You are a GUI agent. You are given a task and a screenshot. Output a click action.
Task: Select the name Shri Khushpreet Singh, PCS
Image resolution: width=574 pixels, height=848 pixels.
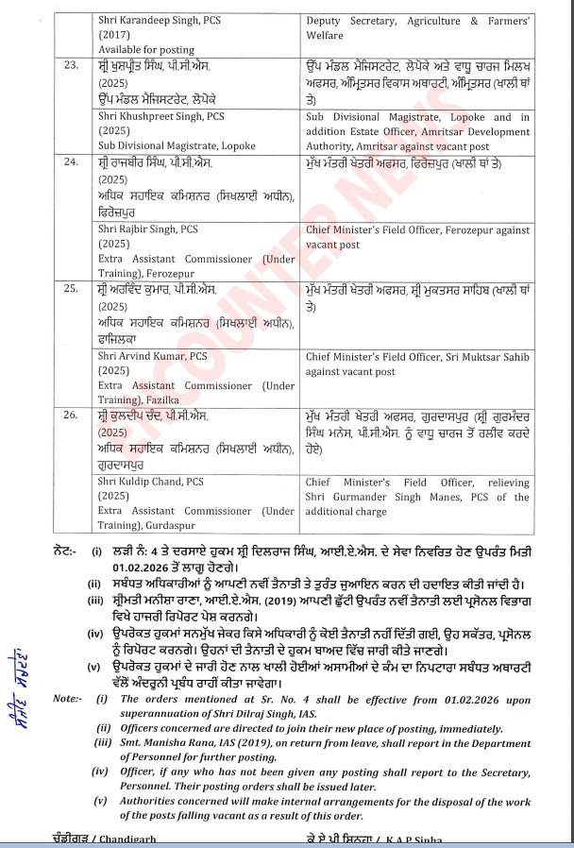[x=161, y=117]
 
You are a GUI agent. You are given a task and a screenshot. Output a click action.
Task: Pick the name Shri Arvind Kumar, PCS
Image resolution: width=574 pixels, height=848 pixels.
[x=152, y=356]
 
